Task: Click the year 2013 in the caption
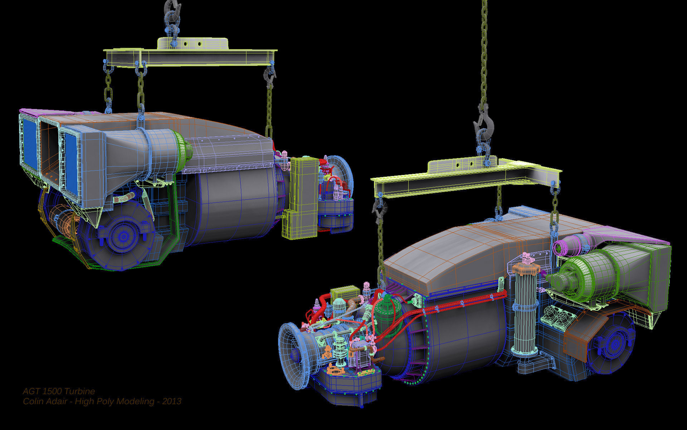coord(172,401)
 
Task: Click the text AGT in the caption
coord(31,391)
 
